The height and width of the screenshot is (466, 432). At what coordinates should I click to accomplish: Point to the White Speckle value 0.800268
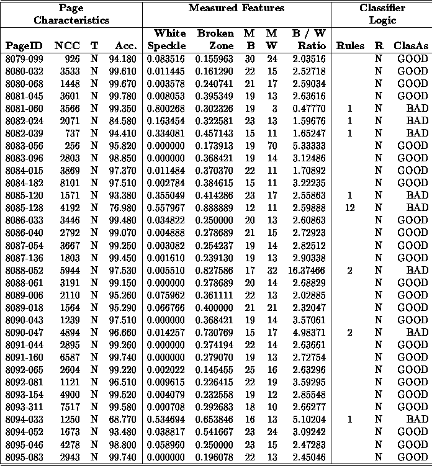pos(166,108)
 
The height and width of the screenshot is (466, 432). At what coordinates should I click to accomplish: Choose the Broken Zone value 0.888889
pos(215,207)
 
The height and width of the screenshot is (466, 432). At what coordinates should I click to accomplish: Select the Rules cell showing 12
pos(350,207)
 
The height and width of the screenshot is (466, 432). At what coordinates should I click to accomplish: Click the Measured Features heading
pos(236,8)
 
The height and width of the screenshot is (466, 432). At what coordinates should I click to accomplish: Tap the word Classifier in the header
pos(382,8)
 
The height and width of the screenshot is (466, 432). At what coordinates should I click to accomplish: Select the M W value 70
pos(271,145)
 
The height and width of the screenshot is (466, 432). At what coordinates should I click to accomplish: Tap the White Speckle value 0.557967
pos(166,207)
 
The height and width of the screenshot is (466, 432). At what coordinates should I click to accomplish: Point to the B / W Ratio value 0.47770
pos(312,108)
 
